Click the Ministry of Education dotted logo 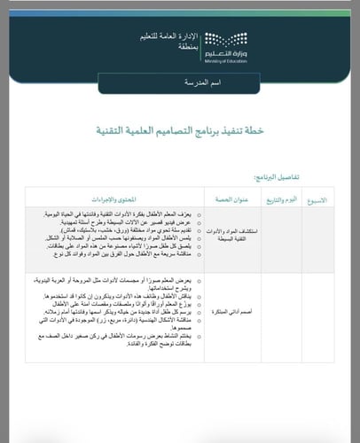tap(216, 41)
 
